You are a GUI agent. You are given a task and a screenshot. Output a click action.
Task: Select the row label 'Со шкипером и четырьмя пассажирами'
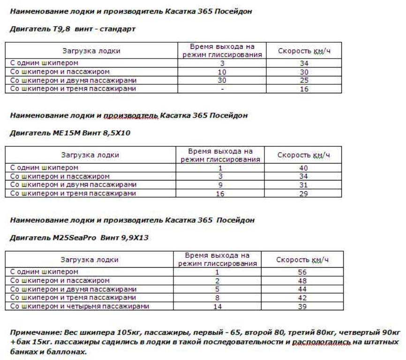pyautogui.click(x=79, y=306)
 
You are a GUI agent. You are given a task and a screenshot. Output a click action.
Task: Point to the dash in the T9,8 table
pyautogui.click(x=222, y=89)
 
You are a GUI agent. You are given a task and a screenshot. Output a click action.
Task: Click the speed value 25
pyautogui.click(x=304, y=81)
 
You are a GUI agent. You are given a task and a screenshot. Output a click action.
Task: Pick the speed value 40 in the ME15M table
pyautogui.click(x=303, y=168)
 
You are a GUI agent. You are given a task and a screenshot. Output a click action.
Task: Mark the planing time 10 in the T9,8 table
pyautogui.click(x=222, y=72)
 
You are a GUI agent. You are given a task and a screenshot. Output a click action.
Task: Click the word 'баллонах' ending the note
pyautogui.click(x=70, y=351)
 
